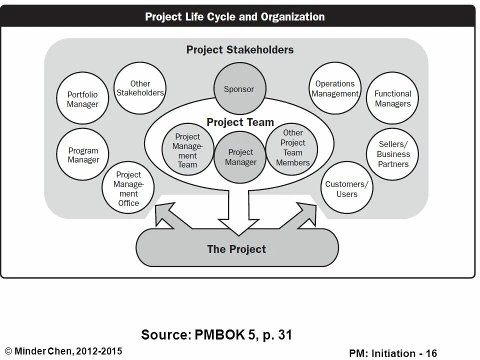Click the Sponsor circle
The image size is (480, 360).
(239, 89)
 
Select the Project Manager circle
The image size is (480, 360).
(240, 157)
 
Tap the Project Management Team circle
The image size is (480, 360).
(187, 150)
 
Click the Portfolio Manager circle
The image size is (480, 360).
(82, 99)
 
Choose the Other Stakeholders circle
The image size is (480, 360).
(140, 88)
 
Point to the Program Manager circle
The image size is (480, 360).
(83, 155)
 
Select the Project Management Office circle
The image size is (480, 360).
(128, 188)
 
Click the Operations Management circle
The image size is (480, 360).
(335, 88)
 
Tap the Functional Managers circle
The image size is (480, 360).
(392, 98)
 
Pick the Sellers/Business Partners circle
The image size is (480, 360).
(393, 154)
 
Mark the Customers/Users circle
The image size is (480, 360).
(346, 189)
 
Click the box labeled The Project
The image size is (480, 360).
(237, 249)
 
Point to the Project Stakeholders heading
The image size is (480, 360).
(240, 50)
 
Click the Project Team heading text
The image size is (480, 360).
(240, 122)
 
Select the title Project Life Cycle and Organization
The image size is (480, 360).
(235, 17)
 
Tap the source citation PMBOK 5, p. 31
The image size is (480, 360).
(216, 334)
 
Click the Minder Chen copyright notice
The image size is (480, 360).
(63, 350)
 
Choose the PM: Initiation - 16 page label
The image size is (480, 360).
(393, 353)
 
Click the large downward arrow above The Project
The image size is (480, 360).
(238, 210)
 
